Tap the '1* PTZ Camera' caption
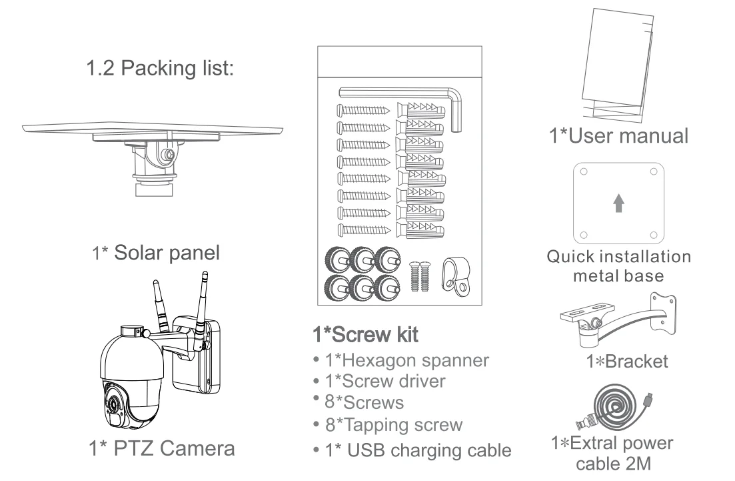tap(162, 448)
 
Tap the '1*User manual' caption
tap(618, 135)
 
